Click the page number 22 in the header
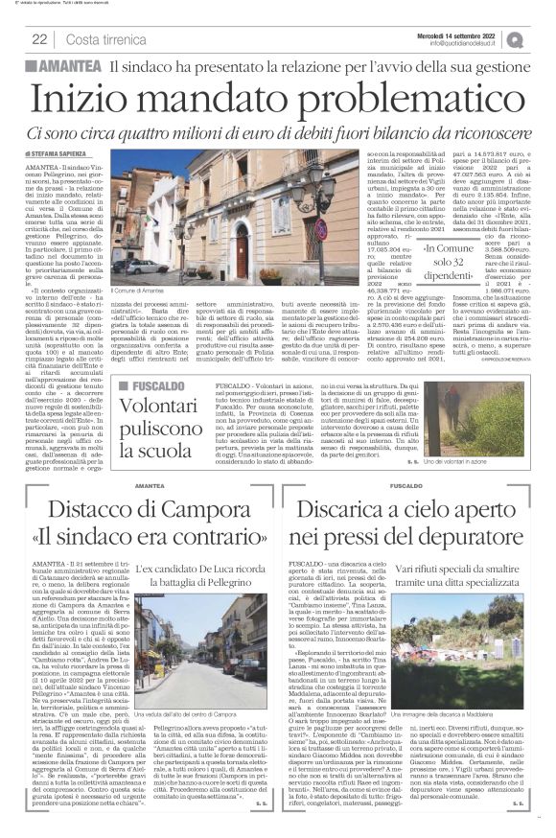(x=40, y=39)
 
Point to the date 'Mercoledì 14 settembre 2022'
(x=473, y=35)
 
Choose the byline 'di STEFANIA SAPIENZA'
(x=59, y=151)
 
